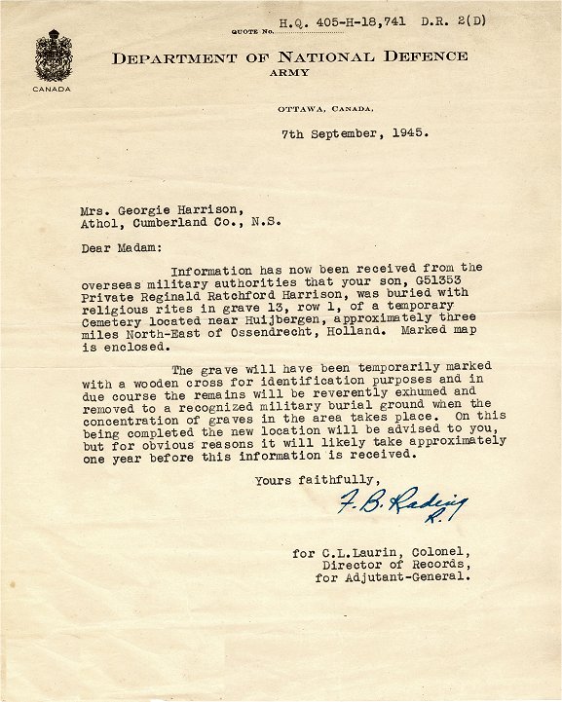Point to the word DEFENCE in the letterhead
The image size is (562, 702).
(424, 57)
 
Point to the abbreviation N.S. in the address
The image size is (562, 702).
(267, 221)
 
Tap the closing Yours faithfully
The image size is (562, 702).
(317, 479)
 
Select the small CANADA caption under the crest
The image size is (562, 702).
(51, 89)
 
